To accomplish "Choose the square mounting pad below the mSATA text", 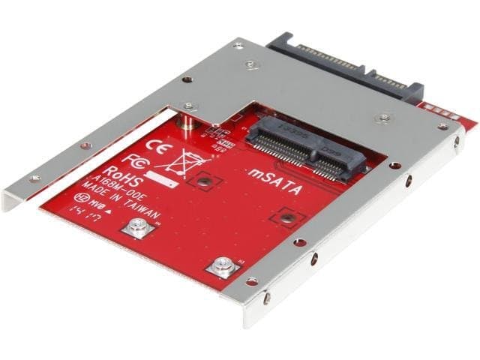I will (286, 217).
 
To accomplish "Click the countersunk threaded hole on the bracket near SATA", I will (385, 118).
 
